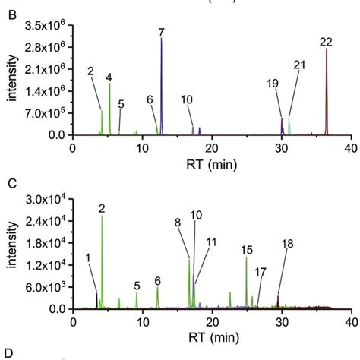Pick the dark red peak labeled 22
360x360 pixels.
point(327,91)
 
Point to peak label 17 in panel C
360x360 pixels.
point(261,271)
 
